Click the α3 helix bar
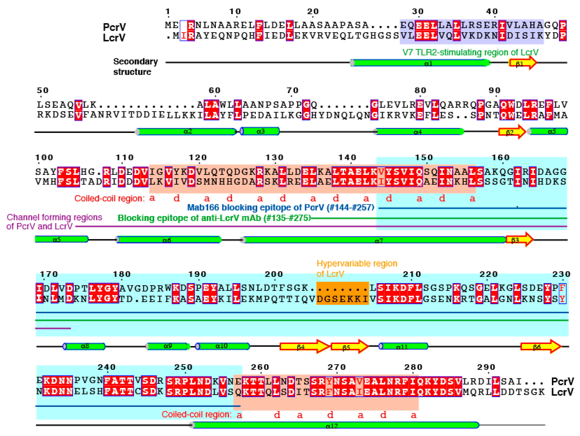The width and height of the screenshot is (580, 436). click(x=260, y=131)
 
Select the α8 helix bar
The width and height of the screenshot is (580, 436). click(x=84, y=346)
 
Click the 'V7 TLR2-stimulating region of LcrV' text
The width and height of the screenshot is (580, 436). click(x=470, y=52)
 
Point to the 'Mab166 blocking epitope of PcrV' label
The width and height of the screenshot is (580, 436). click(x=281, y=208)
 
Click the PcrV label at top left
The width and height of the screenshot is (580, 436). click(x=114, y=27)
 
